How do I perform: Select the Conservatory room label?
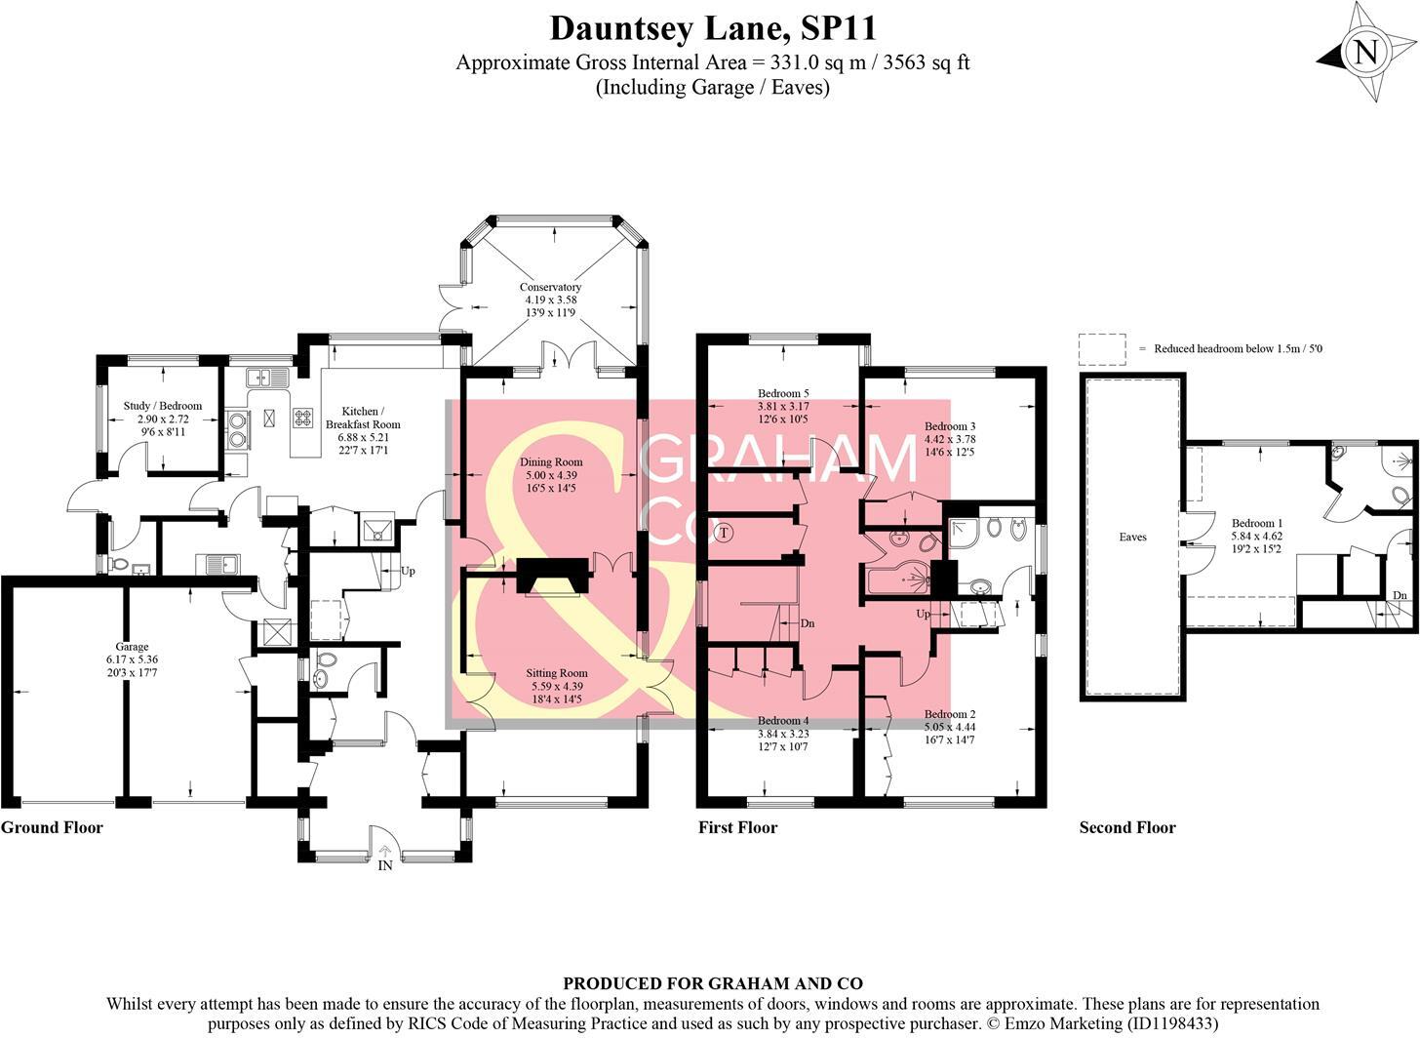pos(550,287)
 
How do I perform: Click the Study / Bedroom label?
pos(163,406)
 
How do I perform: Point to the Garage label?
pos(133,647)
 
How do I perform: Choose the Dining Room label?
pos(551,462)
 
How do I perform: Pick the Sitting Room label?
pos(556,673)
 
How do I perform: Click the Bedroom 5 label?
pos(783,394)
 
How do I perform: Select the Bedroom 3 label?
pos(950,426)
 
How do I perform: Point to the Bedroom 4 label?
pos(783,721)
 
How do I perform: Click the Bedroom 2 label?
pos(950,714)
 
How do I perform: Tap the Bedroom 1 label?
pos(1256,523)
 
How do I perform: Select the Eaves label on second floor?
pos(1132,537)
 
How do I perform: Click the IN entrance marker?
pos(385,865)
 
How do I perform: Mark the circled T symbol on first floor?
pos(723,533)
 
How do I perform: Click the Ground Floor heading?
pos(52,827)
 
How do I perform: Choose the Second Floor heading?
pos(1127,827)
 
